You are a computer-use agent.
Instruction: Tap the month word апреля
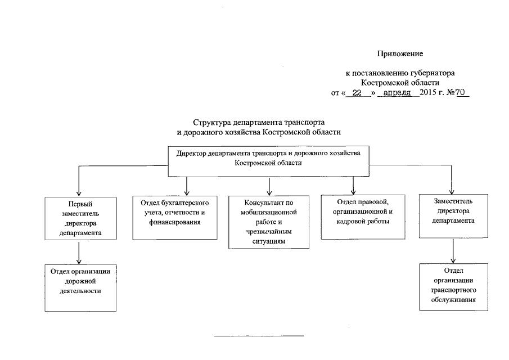click(x=398, y=93)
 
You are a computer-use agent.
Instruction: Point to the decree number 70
click(x=461, y=93)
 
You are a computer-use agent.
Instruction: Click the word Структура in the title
click(x=212, y=121)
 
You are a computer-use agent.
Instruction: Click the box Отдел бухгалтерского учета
click(x=175, y=217)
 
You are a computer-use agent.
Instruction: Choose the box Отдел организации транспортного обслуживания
click(x=453, y=286)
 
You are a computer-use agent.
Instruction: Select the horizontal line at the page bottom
click(x=259, y=336)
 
